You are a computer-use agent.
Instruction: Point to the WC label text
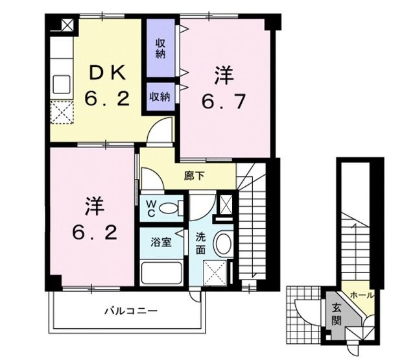149,208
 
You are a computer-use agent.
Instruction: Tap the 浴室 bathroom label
161,243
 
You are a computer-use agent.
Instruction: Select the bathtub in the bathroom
161,272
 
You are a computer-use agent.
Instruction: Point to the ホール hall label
361,295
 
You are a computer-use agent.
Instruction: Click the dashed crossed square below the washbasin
216,272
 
